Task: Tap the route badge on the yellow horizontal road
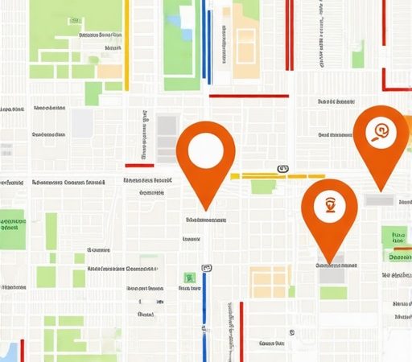(281, 169)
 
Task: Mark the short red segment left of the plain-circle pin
(138, 166)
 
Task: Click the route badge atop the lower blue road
(207, 265)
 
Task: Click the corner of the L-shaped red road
(385, 88)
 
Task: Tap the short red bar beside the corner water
(23, 350)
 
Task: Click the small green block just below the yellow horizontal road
(262, 187)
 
